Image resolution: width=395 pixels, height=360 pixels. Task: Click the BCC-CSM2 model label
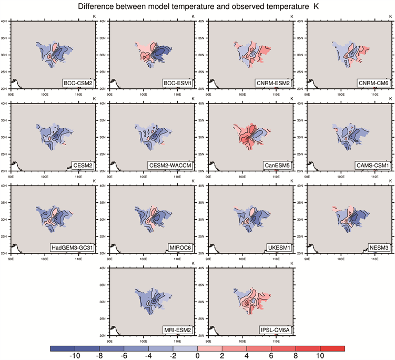click(x=77, y=84)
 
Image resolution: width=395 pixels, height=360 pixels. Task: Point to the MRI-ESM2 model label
click(x=177, y=330)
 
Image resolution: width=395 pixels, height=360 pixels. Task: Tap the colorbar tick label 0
click(x=197, y=356)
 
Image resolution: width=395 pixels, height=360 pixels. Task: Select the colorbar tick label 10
click(x=320, y=356)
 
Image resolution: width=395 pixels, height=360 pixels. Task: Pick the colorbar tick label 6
click(x=271, y=356)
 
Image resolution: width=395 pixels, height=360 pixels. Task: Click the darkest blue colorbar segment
click(x=63, y=348)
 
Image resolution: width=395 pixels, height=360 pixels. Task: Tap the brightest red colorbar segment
click(x=332, y=348)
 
